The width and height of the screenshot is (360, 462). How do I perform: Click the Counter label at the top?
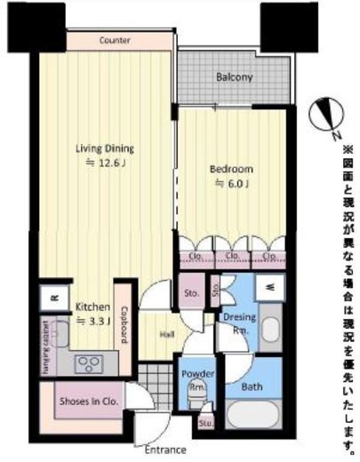[x=116, y=41]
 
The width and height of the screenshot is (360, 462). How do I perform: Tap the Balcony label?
[x=235, y=77]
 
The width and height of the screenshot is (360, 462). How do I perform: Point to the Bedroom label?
[x=231, y=169]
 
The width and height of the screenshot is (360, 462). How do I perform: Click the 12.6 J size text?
[x=104, y=163]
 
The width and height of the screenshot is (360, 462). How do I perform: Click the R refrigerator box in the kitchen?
[x=54, y=299]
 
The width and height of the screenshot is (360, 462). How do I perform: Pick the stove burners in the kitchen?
[x=90, y=362]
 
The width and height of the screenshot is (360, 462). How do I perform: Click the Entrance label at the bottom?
[x=166, y=450]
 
